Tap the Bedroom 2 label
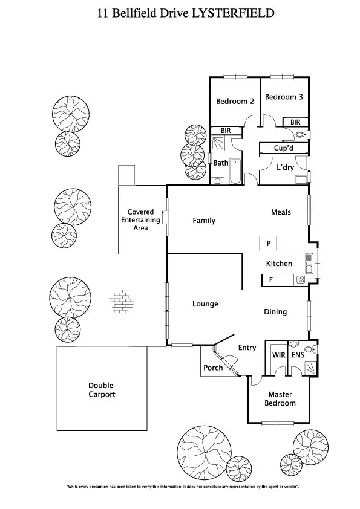tap(235, 101)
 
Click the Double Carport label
tap(101, 390)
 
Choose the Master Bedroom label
tap(282, 399)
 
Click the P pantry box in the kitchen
tap(268, 244)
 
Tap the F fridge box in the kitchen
tap(270, 280)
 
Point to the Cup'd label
tap(284, 148)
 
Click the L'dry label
tap(285, 167)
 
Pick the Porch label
tap(213, 368)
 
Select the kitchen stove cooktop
tap(299, 280)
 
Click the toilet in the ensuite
tap(309, 349)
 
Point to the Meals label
tap(281, 212)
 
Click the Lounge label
tap(205, 304)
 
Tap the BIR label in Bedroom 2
tap(226, 130)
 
